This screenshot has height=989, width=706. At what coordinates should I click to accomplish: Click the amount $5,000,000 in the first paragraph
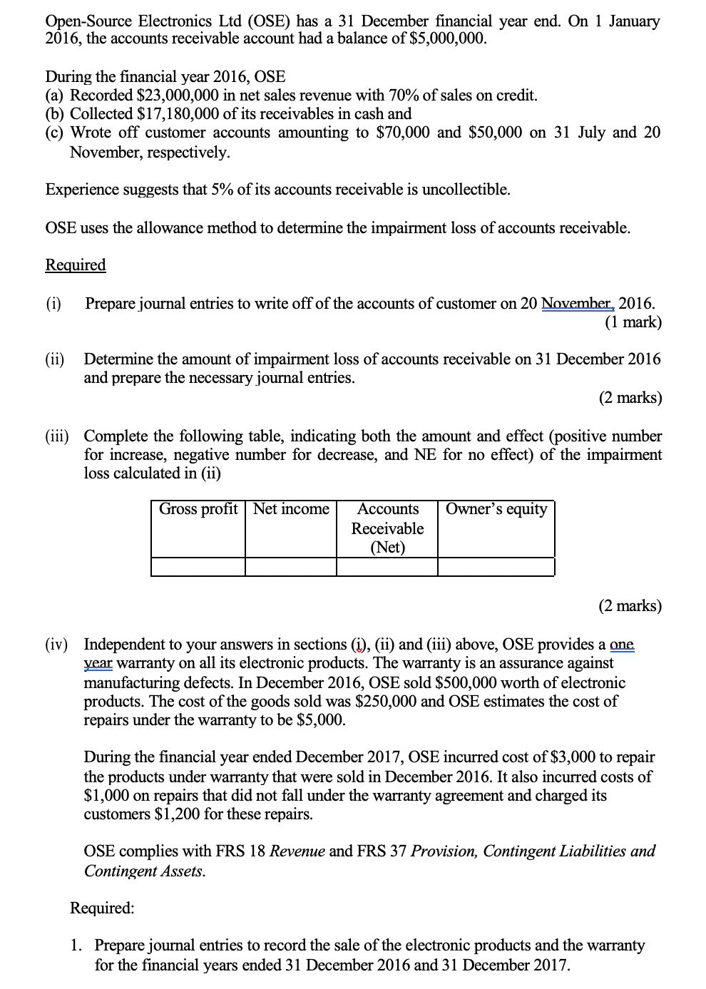[x=448, y=39]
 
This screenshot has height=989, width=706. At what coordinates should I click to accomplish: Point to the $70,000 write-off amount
[x=402, y=133]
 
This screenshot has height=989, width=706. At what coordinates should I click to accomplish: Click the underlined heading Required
[x=76, y=265]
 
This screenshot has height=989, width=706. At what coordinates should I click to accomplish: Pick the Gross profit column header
[x=198, y=509]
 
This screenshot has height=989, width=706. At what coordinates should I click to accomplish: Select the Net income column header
[x=291, y=509]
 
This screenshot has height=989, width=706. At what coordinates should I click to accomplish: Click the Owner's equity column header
[x=496, y=509]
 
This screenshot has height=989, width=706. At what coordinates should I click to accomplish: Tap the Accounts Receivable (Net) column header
[x=387, y=528]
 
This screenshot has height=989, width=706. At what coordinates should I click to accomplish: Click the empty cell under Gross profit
[x=198, y=567]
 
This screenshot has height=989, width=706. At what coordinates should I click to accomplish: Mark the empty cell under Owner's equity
[x=496, y=567]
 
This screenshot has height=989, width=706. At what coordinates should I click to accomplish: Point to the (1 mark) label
[x=633, y=322]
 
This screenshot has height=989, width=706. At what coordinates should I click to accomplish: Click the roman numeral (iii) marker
[x=57, y=436]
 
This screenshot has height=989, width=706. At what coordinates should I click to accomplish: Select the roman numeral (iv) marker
[x=57, y=645]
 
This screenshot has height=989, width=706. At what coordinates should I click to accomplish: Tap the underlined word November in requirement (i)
[x=576, y=304]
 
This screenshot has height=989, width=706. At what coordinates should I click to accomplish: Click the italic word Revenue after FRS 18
[x=297, y=851]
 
